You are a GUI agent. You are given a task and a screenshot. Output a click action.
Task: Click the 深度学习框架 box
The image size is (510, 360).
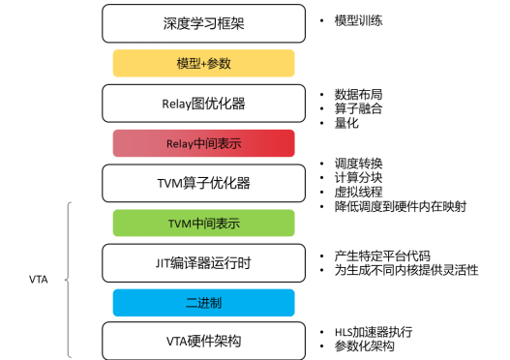point(203,23)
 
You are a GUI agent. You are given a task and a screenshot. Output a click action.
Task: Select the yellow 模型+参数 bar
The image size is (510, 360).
point(203,63)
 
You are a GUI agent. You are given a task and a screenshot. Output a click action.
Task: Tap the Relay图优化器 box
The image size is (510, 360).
point(203,104)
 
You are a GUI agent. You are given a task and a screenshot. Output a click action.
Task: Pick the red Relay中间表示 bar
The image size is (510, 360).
point(203,143)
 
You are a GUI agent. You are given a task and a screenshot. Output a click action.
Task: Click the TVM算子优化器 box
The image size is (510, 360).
point(203,183)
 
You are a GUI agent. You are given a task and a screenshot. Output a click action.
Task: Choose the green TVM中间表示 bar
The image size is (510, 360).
point(203,224)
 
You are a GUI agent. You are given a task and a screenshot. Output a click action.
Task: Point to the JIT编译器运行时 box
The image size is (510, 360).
point(203,262)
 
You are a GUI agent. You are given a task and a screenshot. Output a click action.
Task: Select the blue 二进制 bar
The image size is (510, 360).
point(203,302)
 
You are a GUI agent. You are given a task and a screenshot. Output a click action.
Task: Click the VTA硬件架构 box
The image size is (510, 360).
point(203,341)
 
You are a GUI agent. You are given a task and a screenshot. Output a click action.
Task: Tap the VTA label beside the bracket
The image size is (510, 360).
point(40,281)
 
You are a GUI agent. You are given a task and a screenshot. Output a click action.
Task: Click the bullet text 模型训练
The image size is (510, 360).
point(357,19)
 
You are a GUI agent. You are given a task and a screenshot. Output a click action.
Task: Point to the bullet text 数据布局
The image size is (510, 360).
point(357,94)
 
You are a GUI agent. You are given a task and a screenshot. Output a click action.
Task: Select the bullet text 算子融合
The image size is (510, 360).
point(357,108)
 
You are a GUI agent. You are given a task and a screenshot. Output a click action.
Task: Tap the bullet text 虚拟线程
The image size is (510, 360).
point(357,192)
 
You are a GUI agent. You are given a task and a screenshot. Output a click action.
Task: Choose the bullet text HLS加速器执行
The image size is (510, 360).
point(374,331)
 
